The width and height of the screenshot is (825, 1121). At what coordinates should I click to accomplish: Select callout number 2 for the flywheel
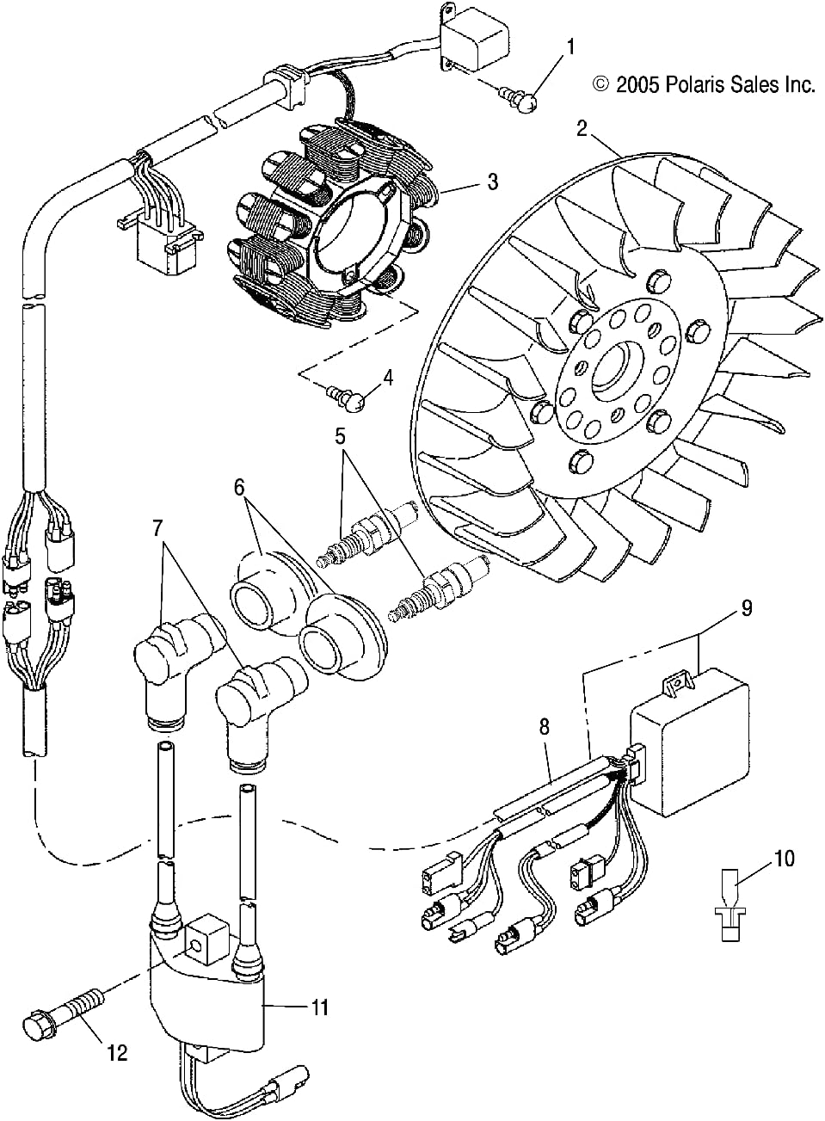point(582,128)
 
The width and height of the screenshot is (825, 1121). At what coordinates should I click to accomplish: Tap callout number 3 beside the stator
point(492,182)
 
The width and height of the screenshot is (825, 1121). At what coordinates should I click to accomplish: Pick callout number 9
point(746,607)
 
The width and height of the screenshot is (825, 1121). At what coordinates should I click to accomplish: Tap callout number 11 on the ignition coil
point(319,1007)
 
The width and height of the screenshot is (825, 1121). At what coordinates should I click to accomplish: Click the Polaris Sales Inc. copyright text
point(703,84)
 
